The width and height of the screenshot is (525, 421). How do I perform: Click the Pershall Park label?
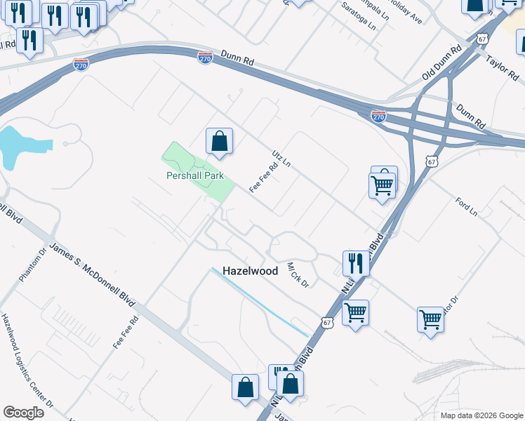tap(194, 175)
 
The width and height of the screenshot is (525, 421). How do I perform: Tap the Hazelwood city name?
tap(250, 270)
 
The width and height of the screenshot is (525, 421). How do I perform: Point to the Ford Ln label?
tap(466, 206)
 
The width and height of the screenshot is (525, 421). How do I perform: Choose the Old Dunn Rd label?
tap(441, 63)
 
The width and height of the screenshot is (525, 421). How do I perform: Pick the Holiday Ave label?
tap(404, 13)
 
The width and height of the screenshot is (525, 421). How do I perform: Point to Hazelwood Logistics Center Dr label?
tap(27, 361)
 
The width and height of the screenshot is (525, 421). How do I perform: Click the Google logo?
tap(23, 413)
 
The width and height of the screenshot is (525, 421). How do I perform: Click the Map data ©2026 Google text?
tap(481, 415)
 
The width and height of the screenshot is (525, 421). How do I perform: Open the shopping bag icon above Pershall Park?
tap(220, 141)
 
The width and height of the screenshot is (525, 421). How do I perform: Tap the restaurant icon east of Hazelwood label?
tap(356, 264)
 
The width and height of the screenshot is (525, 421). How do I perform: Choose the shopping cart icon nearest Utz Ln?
tap(383, 186)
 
